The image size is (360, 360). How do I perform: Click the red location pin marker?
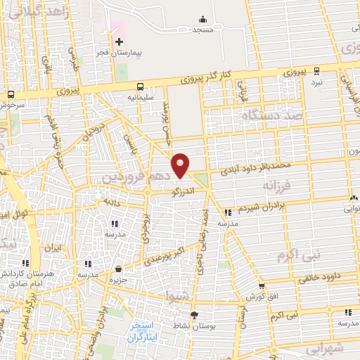pos(181,165)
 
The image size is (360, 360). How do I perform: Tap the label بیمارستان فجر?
pos(120,53)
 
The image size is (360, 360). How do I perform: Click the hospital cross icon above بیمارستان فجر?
pos(119,41)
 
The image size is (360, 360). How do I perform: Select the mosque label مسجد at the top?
pos(203,30)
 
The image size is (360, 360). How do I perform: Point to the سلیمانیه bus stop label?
pos(141,97)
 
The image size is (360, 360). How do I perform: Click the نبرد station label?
pos(317,81)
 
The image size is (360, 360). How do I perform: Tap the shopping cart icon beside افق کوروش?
pos(262,285)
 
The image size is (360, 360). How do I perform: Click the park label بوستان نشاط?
pos(194,326)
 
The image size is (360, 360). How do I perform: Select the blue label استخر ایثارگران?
pos(146,332)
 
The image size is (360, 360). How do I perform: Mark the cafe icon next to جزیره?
pos(118,269)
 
